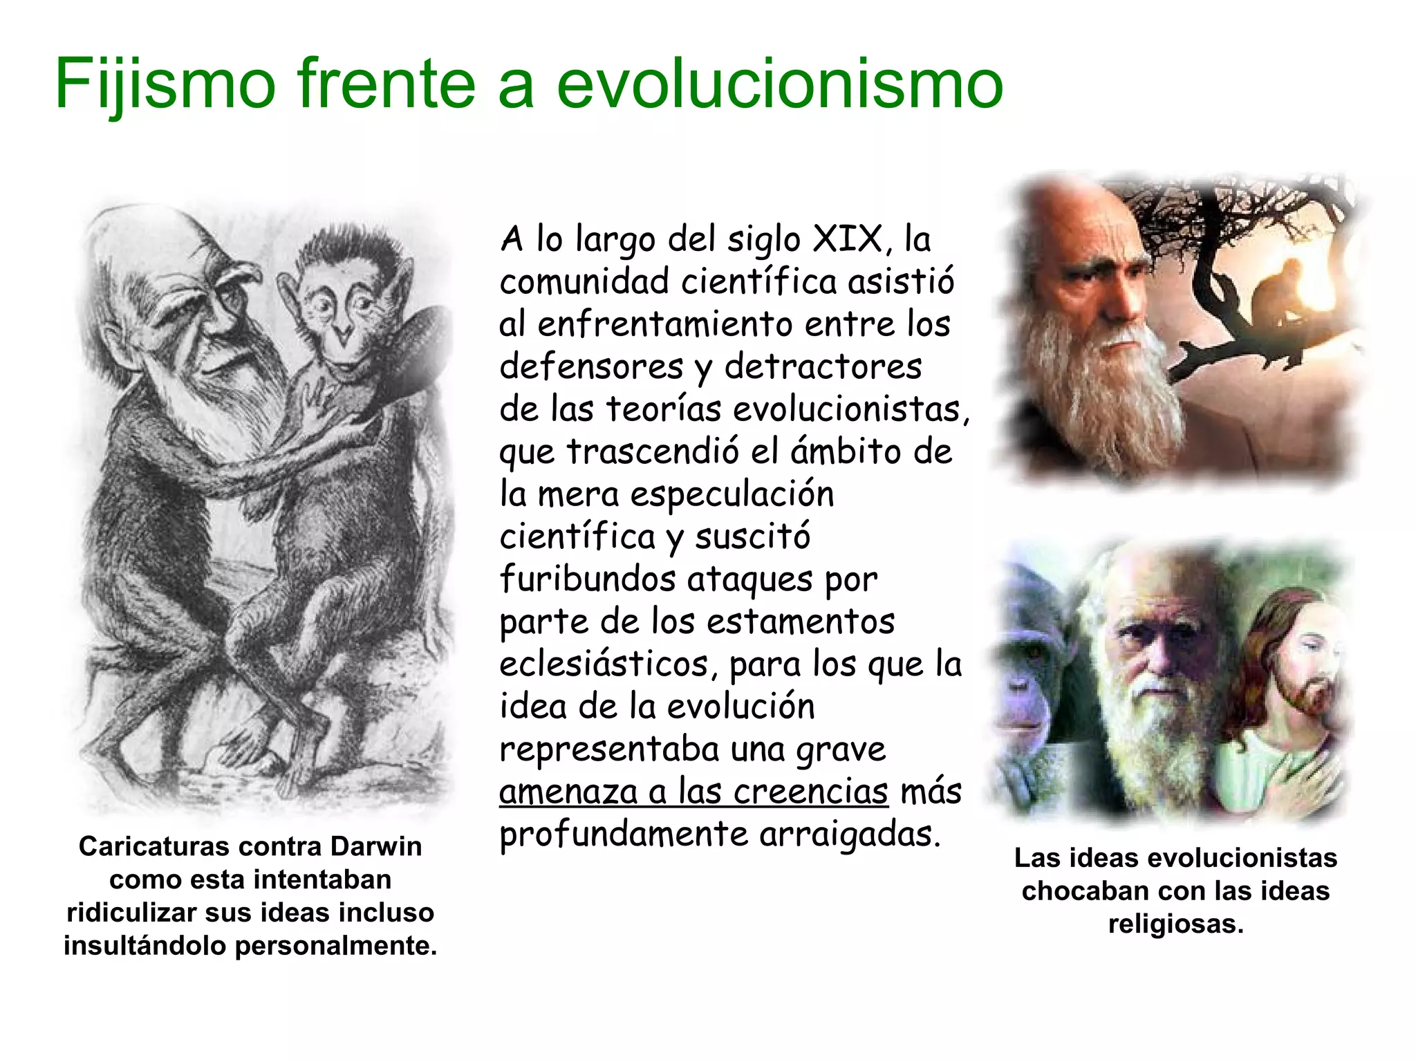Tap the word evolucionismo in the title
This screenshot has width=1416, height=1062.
(x=779, y=84)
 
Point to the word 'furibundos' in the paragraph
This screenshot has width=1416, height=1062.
(x=587, y=579)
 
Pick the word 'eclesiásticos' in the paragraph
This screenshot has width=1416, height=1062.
(x=604, y=664)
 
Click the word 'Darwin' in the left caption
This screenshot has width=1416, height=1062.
(x=375, y=846)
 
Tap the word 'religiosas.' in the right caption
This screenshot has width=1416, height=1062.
(x=1175, y=924)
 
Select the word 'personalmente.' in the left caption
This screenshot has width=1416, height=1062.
(x=336, y=946)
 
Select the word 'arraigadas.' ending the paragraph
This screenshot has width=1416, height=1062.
(x=850, y=835)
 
